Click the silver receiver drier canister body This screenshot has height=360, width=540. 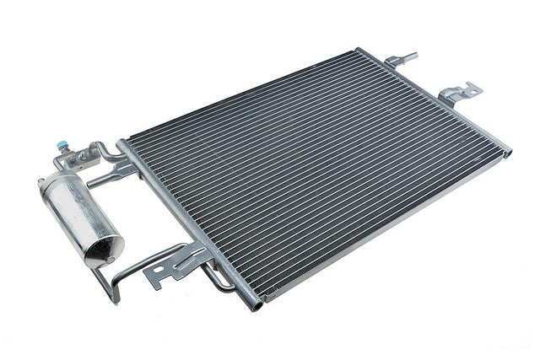click(x=76, y=211)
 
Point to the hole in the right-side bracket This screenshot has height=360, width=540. click(x=469, y=89)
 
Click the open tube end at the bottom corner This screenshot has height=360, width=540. click(x=255, y=304)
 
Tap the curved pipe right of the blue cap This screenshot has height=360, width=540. click(x=106, y=152)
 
